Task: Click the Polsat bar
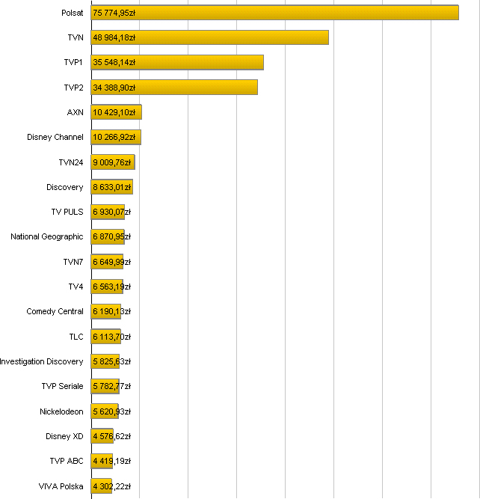[274, 13]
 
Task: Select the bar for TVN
[209, 37]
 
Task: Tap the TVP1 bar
[177, 62]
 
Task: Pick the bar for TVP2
[174, 88]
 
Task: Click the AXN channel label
[75, 112]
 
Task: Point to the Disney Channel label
[55, 137]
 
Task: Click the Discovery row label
[65, 187]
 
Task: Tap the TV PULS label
[67, 212]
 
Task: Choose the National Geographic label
[47, 236]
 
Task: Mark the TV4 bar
[107, 287]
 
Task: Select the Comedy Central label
[55, 311]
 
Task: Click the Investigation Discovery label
[42, 361]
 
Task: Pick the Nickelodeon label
[62, 411]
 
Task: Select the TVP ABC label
[67, 461]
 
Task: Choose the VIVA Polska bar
[102, 486]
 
